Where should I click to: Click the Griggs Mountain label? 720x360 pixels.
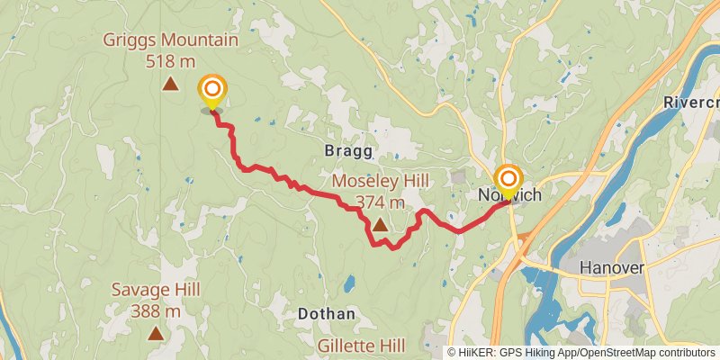pos(170,40)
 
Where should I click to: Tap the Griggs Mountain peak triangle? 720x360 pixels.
pos(170,85)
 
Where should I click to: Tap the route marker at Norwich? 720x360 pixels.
pos(508,178)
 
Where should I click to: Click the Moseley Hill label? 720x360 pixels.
pos(380,181)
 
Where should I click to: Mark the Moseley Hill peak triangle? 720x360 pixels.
pos(380,225)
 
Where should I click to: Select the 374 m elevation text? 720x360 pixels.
pos(380,202)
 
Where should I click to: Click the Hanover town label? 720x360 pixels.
pos(612,269)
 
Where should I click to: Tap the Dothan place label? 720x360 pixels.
pos(326,314)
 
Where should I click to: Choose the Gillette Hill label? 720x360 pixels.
pos(361,346)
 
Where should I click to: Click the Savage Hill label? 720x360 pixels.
pos(156,291)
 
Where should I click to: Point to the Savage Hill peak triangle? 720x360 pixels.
pos(156,334)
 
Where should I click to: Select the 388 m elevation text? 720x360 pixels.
pos(156,311)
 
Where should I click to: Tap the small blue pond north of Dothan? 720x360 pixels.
pos(347,285)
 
